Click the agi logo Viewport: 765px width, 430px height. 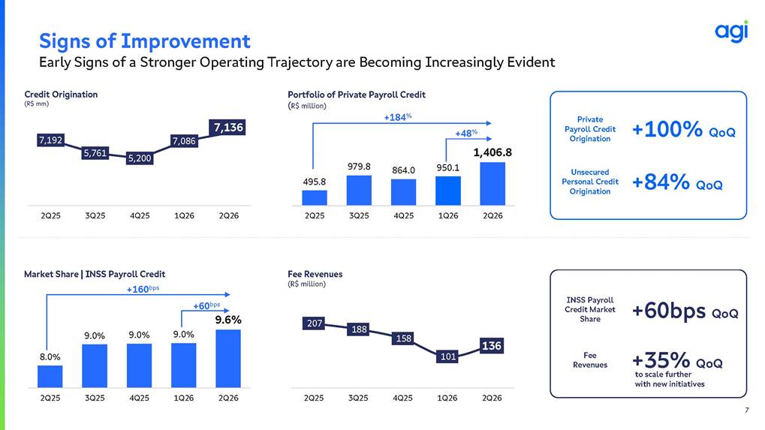pos(731,32)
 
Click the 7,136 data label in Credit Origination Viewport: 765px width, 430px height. pos(228,128)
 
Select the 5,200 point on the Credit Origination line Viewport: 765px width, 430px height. pos(140,158)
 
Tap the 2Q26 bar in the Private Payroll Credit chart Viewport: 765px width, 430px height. pos(492,184)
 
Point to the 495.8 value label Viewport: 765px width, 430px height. pos(315,182)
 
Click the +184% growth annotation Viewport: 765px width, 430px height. pos(398,117)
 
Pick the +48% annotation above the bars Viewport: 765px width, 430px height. pos(466,133)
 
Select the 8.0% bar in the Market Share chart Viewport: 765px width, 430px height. pos(50,377)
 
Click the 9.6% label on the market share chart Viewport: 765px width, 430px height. pos(228,320)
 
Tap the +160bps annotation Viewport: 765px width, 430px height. pos(143,289)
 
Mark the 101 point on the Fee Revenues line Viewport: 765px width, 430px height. pos(448,356)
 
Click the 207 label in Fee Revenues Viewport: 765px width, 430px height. pos(315,323)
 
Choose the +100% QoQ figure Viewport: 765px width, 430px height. pos(683,130)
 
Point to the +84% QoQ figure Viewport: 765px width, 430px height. pos(677,182)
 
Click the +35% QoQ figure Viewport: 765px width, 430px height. pos(677,361)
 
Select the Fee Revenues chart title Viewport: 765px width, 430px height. pos(315,274)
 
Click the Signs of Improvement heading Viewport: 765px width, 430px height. pos(145,41)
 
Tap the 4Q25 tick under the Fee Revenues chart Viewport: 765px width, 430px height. pos(402,398)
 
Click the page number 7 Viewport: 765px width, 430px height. pos(746,410)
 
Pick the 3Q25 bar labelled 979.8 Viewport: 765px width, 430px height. pos(359,190)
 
